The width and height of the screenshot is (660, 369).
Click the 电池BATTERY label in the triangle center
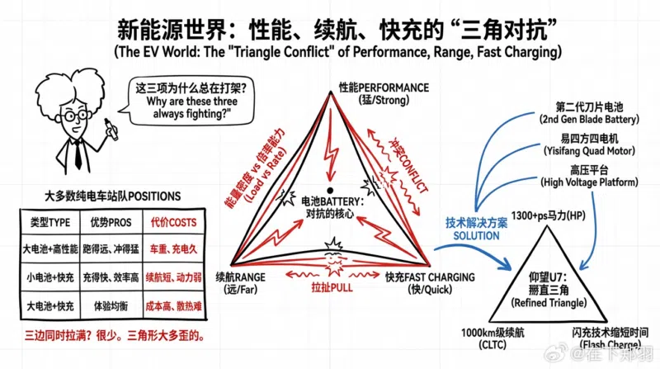330,206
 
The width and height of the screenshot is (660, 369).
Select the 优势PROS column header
110,222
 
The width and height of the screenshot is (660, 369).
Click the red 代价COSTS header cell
173,222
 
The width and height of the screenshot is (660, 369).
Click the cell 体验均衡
110,303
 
